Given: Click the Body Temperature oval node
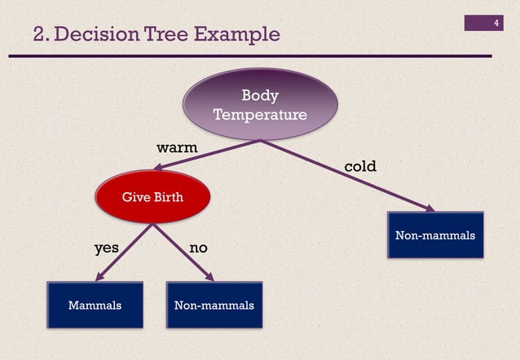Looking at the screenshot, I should click(259, 104).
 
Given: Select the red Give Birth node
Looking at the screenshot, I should click(152, 197).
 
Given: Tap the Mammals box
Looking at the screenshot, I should click(95, 305).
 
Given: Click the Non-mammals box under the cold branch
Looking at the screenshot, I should click(434, 235).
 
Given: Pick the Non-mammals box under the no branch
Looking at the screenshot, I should click(214, 305).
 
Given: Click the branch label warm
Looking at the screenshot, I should click(177, 147).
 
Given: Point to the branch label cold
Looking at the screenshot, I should click(360, 166).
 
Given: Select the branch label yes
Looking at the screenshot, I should click(107, 247).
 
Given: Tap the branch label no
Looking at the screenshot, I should click(198, 247).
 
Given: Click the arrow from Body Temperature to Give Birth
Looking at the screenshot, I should click(208, 155).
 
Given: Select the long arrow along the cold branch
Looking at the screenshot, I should click(350, 177).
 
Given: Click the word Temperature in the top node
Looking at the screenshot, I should click(259, 115).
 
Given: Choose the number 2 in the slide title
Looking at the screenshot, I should click(39, 34).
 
